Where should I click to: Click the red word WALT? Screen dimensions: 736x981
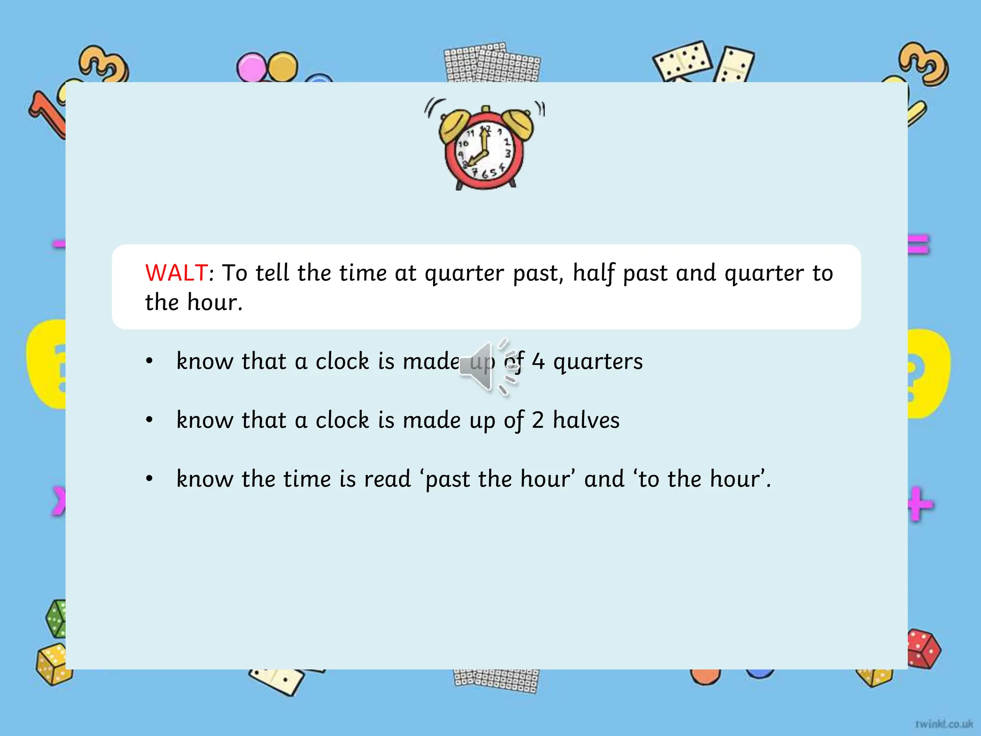(176, 273)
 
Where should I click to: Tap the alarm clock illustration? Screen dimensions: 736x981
(485, 146)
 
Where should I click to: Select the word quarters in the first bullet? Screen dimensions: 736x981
(598, 362)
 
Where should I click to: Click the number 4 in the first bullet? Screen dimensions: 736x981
(538, 362)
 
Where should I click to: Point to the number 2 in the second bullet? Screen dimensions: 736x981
(537, 420)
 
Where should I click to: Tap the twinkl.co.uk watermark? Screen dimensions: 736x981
(944, 724)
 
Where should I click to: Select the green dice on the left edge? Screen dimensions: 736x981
(57, 618)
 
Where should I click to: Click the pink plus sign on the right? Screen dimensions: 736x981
(920, 504)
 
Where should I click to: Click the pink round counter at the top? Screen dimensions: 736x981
(251, 67)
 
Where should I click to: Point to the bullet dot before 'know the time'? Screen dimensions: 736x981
(149, 479)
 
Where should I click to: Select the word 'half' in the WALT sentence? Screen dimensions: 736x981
(593, 273)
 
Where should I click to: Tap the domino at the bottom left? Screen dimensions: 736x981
(277, 680)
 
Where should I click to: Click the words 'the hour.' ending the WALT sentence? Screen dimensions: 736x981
(194, 302)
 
